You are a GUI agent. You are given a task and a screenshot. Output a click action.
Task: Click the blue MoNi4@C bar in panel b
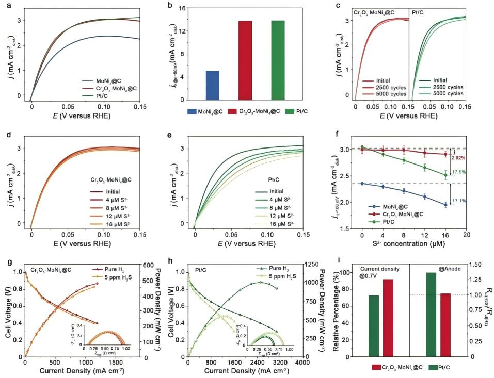pyautogui.click(x=213, y=85)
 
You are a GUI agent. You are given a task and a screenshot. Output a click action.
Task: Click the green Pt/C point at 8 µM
pyautogui.click(x=404, y=160)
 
